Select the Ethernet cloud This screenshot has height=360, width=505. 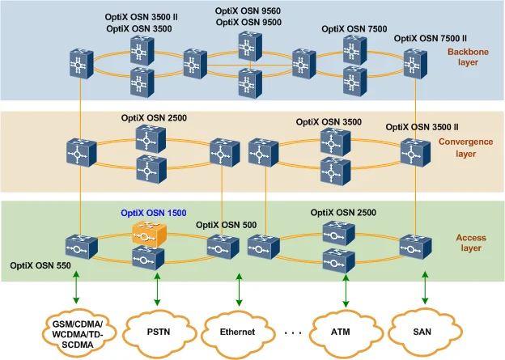point(238,332)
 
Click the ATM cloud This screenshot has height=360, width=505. point(339,331)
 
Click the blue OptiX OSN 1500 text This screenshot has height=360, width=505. point(154,214)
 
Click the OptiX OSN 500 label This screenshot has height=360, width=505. point(227,225)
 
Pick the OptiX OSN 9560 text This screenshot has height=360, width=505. point(248,11)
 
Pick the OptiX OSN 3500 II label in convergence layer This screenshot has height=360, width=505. point(422,127)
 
